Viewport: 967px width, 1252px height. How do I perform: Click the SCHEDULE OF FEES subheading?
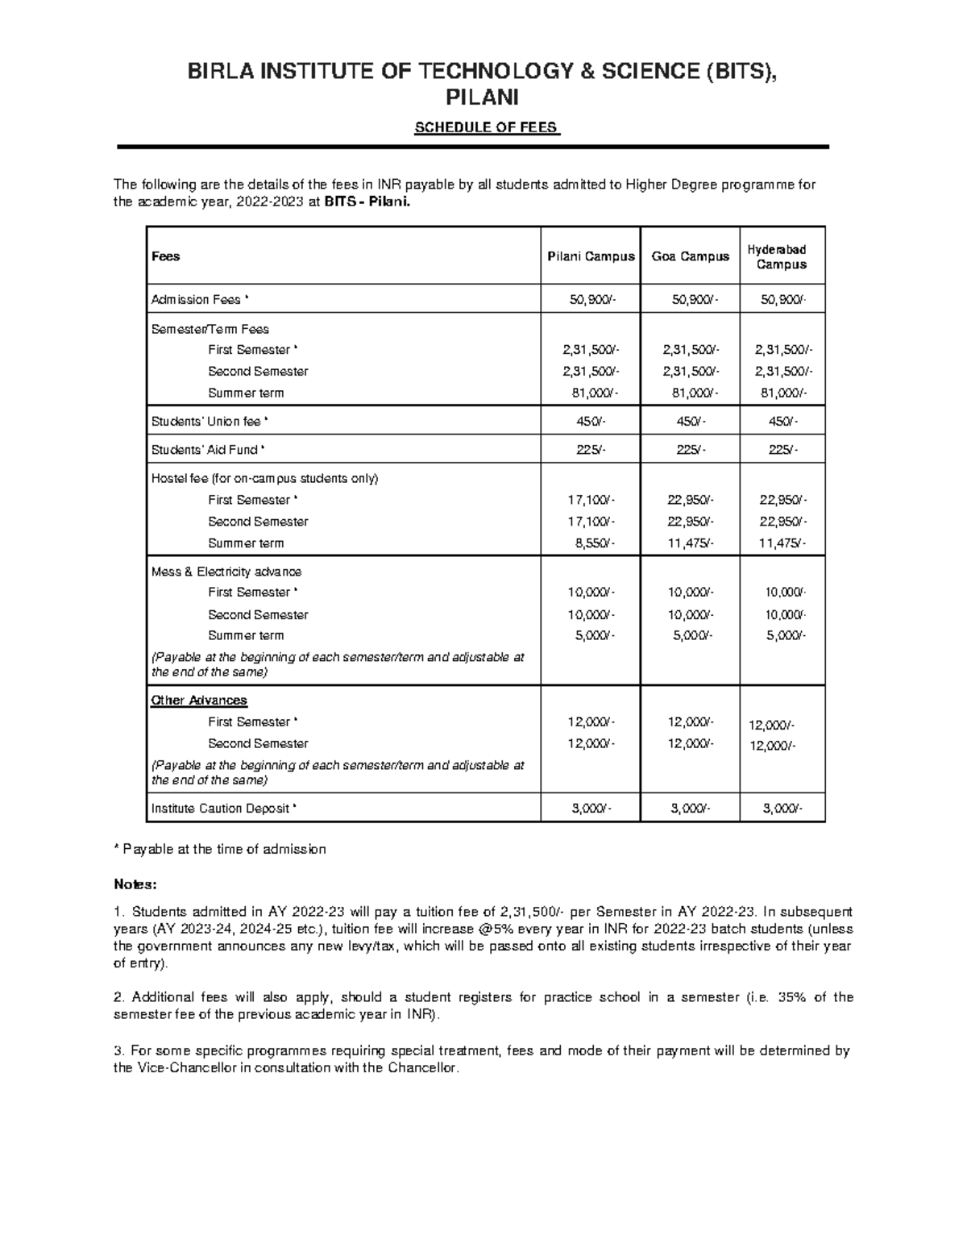tap(485, 128)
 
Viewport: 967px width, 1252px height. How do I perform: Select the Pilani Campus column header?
tap(591, 256)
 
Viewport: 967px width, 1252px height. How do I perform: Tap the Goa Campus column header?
tap(690, 256)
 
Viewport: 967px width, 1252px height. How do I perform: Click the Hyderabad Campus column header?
tap(781, 257)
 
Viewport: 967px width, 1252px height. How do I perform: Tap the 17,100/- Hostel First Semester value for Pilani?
tap(591, 500)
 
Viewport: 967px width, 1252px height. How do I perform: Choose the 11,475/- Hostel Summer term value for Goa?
tap(691, 543)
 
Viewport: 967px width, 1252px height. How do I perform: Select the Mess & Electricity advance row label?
tap(226, 572)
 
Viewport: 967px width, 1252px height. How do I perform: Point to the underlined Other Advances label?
tap(199, 701)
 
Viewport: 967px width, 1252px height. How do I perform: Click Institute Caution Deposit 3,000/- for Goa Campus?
tap(691, 809)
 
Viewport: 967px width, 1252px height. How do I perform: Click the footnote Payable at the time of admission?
tap(220, 849)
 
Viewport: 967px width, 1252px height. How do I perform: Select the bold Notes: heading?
tap(135, 884)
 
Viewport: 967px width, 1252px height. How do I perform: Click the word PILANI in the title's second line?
tap(483, 98)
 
